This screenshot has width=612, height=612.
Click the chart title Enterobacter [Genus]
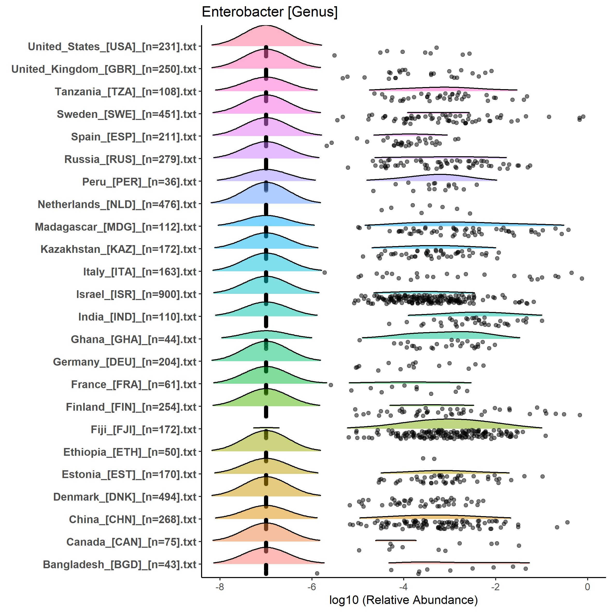pyautogui.click(x=269, y=12)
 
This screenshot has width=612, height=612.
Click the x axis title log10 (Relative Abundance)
pyautogui.click(x=403, y=600)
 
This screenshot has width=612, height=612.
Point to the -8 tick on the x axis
pyautogui.click(x=219, y=587)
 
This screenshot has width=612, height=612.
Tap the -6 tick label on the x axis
pyautogui.click(x=312, y=587)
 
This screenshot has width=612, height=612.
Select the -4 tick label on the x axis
pyautogui.click(x=403, y=587)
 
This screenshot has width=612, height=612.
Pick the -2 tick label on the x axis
pyautogui.click(x=495, y=587)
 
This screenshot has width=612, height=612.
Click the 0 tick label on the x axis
pyautogui.click(x=587, y=587)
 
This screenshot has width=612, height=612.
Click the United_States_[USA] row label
pyautogui.click(x=112, y=47)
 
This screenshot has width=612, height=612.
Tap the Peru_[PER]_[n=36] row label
pyautogui.click(x=139, y=182)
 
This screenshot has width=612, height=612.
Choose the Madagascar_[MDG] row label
pyautogui.click(x=116, y=227)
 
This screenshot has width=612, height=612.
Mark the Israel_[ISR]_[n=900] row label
pyautogui.click(x=136, y=294)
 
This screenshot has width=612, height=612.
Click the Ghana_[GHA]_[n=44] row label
pyautogui.click(x=134, y=339)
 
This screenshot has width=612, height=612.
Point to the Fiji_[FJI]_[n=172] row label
pyautogui.click(x=144, y=430)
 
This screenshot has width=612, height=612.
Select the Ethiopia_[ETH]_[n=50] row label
pyautogui.click(x=130, y=452)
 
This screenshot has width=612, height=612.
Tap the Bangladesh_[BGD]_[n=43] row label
pyautogui.click(x=120, y=565)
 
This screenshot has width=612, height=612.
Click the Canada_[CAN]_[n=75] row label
pyautogui.click(x=131, y=542)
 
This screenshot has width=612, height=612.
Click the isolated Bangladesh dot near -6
pyautogui.click(x=317, y=573)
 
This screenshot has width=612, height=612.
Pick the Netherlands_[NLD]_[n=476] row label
pyautogui.click(x=117, y=204)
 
